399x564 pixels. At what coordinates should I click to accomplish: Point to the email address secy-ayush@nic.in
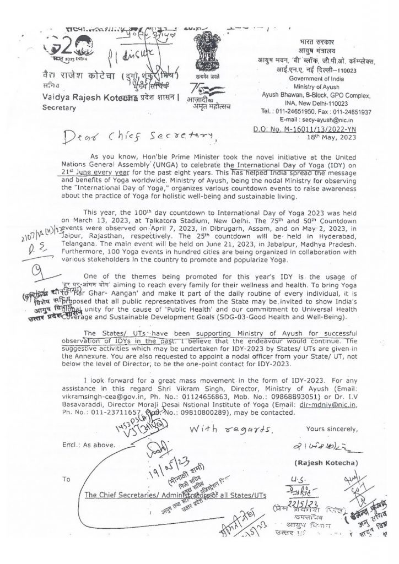pos(342,102)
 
